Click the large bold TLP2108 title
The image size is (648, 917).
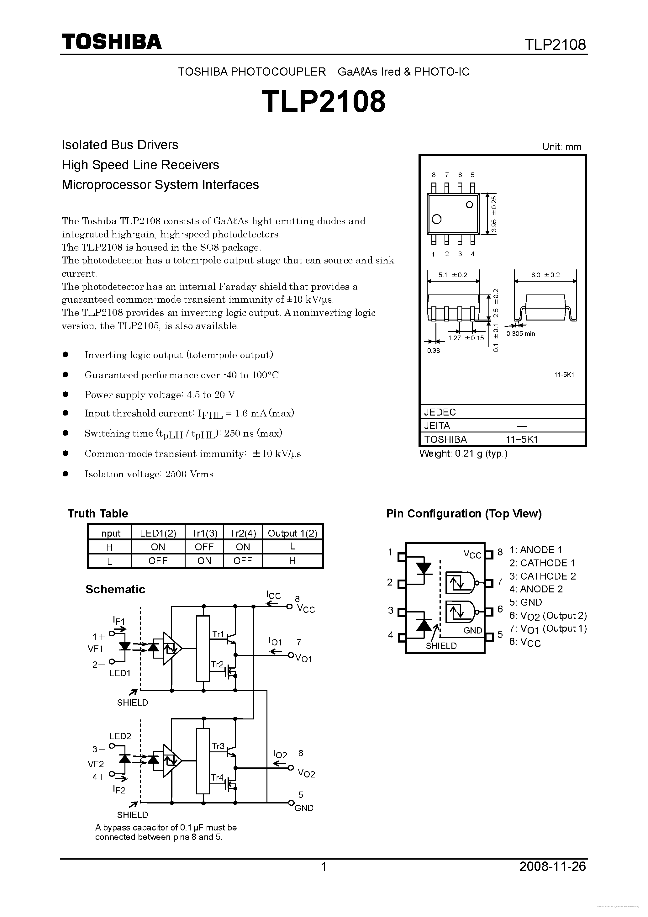point(324,101)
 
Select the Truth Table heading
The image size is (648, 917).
point(98,514)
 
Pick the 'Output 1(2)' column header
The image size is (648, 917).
point(292,533)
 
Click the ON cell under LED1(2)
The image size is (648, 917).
point(158,547)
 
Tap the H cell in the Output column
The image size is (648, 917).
point(292,561)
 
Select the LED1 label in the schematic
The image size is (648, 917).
point(120,673)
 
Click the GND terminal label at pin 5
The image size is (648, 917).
point(304,808)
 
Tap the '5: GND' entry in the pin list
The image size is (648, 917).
point(525,602)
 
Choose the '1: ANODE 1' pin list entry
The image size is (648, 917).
point(536,550)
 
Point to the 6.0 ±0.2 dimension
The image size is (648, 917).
point(545,275)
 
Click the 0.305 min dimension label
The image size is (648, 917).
point(521,333)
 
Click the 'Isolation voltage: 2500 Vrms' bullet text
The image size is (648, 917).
point(149,474)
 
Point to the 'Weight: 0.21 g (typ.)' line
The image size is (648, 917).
point(463,454)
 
